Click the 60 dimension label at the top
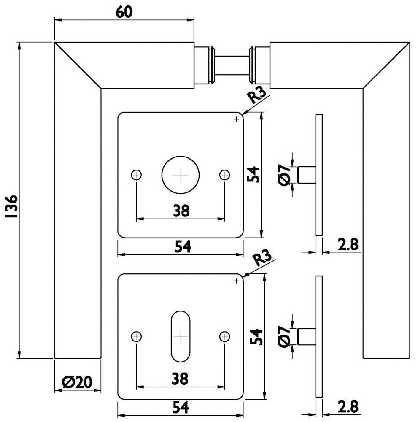[124, 12]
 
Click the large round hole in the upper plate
[181, 175]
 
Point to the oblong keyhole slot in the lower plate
[181, 336]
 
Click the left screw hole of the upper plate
[136, 175]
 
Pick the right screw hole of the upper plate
[225, 175]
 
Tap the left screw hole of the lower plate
[136, 336]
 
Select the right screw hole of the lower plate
[225, 336]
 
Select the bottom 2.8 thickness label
[348, 407]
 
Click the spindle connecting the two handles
[232, 65]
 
